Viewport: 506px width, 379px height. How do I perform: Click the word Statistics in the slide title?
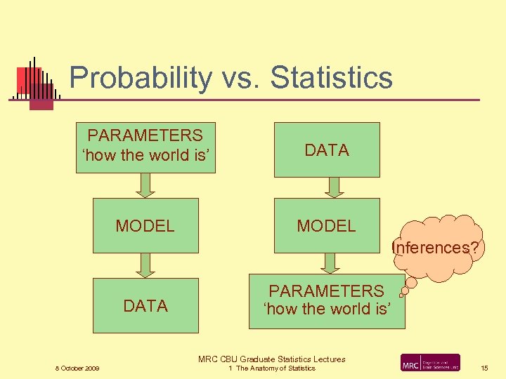(330, 77)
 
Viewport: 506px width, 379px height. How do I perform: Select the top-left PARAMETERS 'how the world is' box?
(145, 146)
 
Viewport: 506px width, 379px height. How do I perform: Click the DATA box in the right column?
(327, 149)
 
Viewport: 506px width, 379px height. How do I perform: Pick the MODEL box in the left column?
(145, 225)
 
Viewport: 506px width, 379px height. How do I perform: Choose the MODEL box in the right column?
(327, 225)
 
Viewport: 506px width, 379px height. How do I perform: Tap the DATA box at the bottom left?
(145, 305)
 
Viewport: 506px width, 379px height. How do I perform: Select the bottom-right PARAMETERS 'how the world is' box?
(327, 300)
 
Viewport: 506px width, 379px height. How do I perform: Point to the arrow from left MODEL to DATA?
(145, 265)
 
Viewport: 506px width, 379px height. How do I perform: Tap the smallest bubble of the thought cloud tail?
(401, 295)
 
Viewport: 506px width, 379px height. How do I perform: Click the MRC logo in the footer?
(430, 363)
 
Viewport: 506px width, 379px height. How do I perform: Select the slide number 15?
(484, 368)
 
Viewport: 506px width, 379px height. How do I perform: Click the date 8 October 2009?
(77, 368)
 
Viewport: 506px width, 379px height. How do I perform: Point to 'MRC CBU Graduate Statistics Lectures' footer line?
(271, 359)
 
